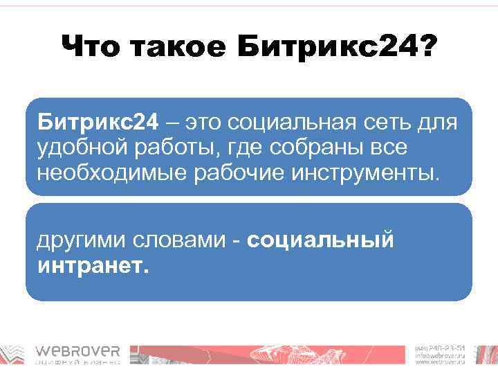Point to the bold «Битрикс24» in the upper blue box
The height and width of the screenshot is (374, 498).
(x=98, y=123)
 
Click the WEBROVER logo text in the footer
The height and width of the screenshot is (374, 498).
(x=77, y=352)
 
